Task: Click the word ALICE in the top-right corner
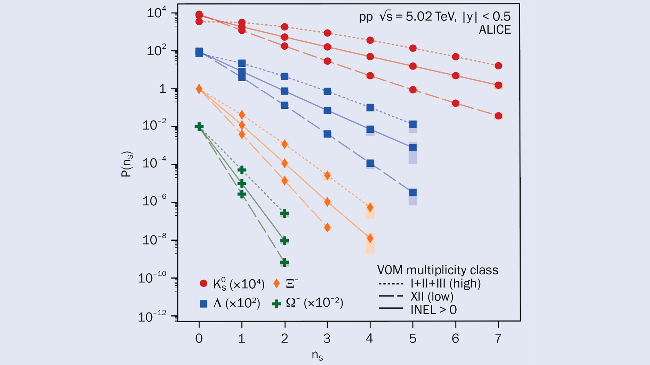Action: click(495, 30)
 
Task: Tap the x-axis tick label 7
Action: click(498, 338)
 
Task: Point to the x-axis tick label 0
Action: click(199, 338)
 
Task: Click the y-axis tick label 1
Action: click(163, 89)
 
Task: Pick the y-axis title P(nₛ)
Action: click(127, 164)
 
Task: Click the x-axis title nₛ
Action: click(318, 355)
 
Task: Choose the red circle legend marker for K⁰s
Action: click(204, 283)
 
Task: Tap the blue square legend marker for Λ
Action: click(203, 304)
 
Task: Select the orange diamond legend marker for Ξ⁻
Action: click(276, 283)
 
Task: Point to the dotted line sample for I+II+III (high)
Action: click(391, 284)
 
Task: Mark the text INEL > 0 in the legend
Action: click(433, 309)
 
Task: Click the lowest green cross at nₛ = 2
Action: click(284, 262)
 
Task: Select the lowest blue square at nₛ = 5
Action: click(413, 192)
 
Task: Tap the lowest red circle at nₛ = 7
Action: click(498, 116)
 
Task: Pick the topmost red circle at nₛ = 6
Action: click(456, 57)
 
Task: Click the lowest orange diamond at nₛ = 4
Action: click(370, 238)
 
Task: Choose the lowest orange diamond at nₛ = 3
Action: click(327, 227)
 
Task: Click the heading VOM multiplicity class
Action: click(438, 270)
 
